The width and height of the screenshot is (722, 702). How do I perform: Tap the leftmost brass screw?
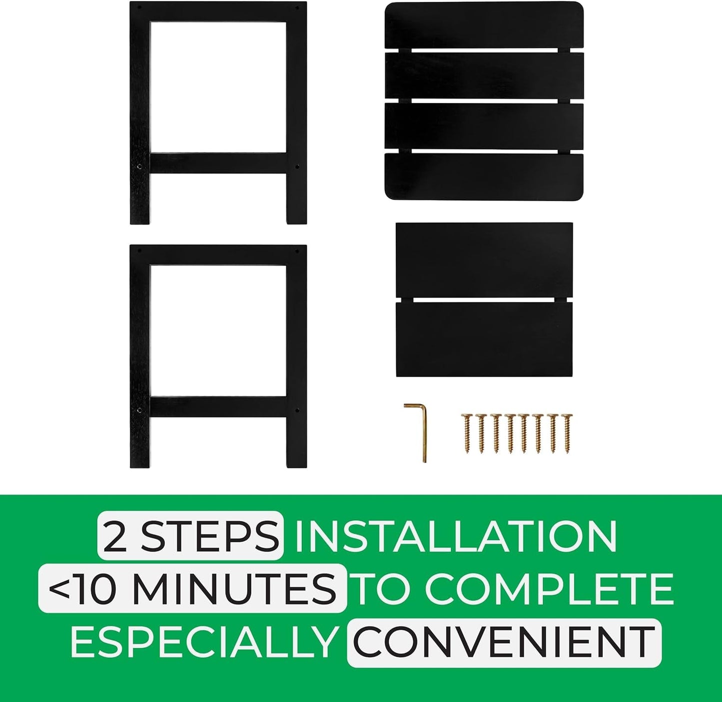[x=466, y=432]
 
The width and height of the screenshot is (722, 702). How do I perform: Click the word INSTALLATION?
[x=456, y=537]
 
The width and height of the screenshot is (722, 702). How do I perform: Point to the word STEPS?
[x=210, y=537]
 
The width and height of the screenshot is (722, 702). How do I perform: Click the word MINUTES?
[x=234, y=589]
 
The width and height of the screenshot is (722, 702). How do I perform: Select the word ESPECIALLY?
[x=203, y=641]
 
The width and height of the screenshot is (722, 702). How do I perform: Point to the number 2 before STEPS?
[x=118, y=537]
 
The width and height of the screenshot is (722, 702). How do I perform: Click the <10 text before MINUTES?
[x=88, y=589]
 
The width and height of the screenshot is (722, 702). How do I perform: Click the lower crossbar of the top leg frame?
[x=218, y=163]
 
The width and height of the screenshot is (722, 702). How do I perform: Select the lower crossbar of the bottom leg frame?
[x=218, y=406]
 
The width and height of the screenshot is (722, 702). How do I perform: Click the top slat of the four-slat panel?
[x=484, y=25]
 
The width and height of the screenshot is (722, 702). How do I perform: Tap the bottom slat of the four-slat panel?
[x=484, y=176]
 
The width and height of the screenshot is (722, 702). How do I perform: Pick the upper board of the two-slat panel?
[x=484, y=260]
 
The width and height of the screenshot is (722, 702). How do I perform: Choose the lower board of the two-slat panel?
[x=484, y=339]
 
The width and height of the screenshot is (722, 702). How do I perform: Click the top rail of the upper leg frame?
[x=218, y=12]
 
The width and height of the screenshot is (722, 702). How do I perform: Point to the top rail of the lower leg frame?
[x=218, y=255]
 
